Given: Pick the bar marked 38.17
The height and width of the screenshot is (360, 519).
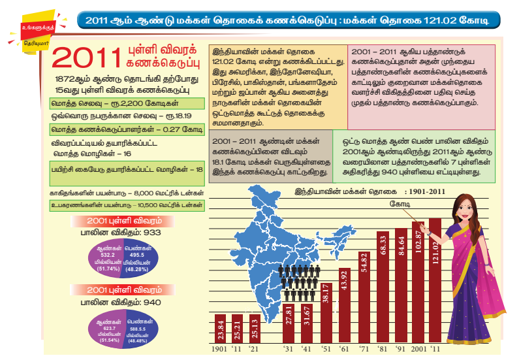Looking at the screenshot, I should [x=326, y=313].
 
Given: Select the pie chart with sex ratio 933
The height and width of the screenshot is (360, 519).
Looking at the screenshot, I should [x=123, y=261].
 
